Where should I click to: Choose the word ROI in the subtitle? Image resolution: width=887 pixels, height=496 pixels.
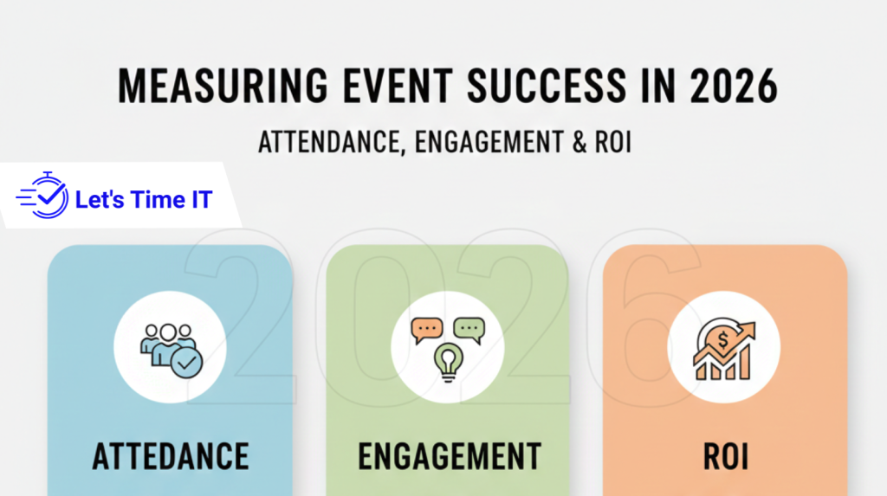coord(610,142)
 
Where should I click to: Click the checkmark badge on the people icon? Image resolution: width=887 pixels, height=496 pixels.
coord(187,363)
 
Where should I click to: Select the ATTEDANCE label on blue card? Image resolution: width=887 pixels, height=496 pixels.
coord(170,455)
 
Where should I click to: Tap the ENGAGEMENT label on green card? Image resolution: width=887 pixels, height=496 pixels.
coord(448,455)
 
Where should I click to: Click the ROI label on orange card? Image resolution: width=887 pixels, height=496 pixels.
coord(724,455)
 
